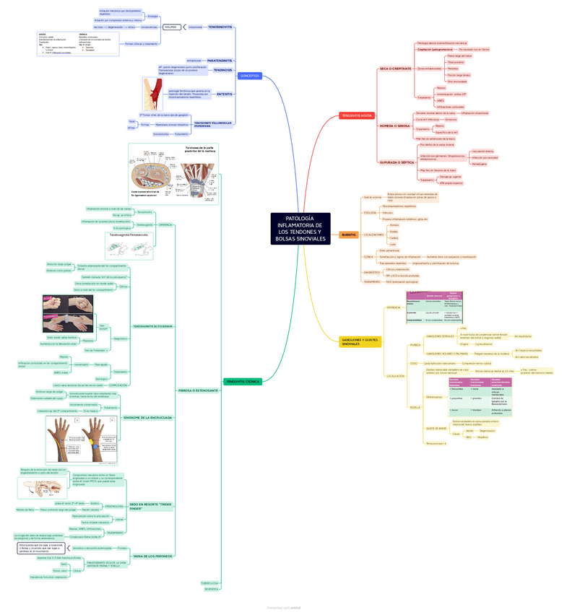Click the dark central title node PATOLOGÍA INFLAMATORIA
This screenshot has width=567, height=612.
[x=300, y=228]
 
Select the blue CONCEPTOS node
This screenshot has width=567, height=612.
[x=249, y=76]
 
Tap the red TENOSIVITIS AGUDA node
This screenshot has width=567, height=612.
[x=357, y=115]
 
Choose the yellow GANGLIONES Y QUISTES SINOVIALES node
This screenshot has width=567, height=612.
[x=360, y=342]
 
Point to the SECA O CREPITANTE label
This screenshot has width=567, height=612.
[x=395, y=69]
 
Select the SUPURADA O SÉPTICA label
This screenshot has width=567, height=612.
[x=397, y=162]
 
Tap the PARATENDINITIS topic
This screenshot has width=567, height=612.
[x=220, y=61]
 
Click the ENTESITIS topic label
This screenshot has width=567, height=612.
[x=225, y=95]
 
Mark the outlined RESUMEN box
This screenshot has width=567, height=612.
[x=171, y=27]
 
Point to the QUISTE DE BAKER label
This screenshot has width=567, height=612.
[x=436, y=427]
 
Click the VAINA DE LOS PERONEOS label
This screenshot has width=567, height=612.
[x=153, y=556]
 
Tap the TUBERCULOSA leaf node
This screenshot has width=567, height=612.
[x=210, y=582]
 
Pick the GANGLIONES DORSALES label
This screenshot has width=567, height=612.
[x=441, y=336]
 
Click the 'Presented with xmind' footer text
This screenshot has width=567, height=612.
[x=283, y=608]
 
